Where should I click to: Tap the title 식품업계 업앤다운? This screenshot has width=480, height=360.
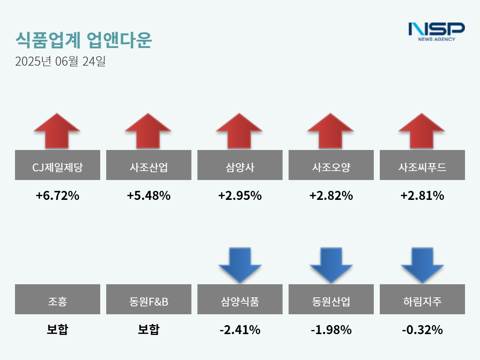84,40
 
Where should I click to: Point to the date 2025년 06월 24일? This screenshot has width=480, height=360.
60,61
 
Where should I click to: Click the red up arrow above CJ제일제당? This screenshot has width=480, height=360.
57,131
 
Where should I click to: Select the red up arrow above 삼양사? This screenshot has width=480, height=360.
239,131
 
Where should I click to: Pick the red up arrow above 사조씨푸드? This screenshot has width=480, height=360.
422,131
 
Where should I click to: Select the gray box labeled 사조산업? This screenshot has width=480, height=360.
148,165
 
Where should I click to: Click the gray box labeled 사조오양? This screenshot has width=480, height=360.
331,165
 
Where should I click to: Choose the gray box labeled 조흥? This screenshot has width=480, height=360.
57,299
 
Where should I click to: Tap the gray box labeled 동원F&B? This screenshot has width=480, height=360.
148,299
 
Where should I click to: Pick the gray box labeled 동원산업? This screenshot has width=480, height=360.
331,299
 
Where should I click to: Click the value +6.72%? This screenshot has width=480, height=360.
57,195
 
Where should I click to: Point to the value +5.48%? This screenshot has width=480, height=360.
148,195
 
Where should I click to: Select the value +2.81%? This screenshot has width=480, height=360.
422,195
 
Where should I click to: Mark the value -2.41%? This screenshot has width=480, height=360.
240,330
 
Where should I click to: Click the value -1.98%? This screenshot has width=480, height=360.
331,330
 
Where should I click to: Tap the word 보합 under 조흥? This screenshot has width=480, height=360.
57,329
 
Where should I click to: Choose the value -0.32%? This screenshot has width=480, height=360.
422,330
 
